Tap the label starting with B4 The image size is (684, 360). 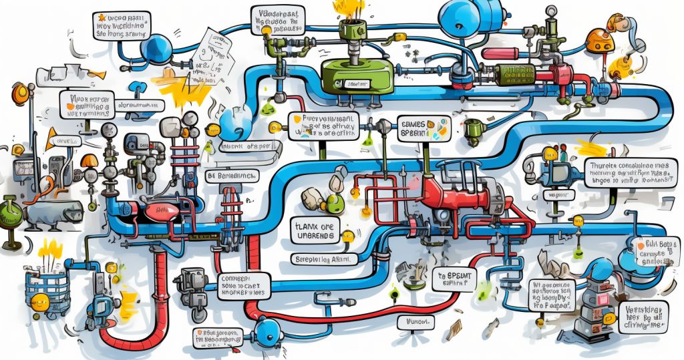click(233, 176)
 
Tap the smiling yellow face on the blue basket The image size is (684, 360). click(40, 300)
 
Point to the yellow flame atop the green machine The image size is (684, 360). click(349, 8)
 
